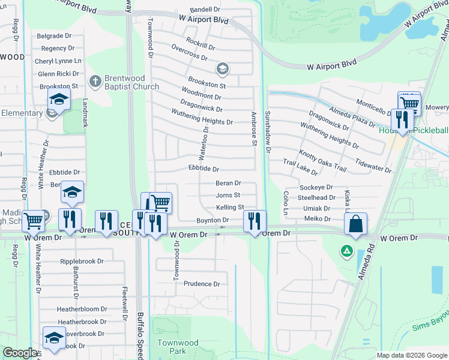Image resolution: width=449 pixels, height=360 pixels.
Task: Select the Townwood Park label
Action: coord(177,346)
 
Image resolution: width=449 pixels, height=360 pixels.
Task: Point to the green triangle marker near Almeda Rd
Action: coord(346,250)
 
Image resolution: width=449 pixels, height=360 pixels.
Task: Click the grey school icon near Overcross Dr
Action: coord(223,69)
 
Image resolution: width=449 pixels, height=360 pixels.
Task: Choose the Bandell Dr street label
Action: coord(206,10)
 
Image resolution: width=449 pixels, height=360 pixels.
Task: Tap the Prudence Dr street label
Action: coord(202,284)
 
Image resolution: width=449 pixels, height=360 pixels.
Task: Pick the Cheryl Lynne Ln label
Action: coord(58,61)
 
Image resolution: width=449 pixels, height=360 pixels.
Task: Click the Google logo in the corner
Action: coord(20,353)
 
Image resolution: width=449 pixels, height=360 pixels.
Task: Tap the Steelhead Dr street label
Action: coord(316,197)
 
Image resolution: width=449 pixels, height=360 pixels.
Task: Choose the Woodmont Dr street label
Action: coord(202,95)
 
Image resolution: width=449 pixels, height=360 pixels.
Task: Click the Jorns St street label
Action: coord(228,195)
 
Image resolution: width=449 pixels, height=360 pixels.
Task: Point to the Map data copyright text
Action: coord(412,355)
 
